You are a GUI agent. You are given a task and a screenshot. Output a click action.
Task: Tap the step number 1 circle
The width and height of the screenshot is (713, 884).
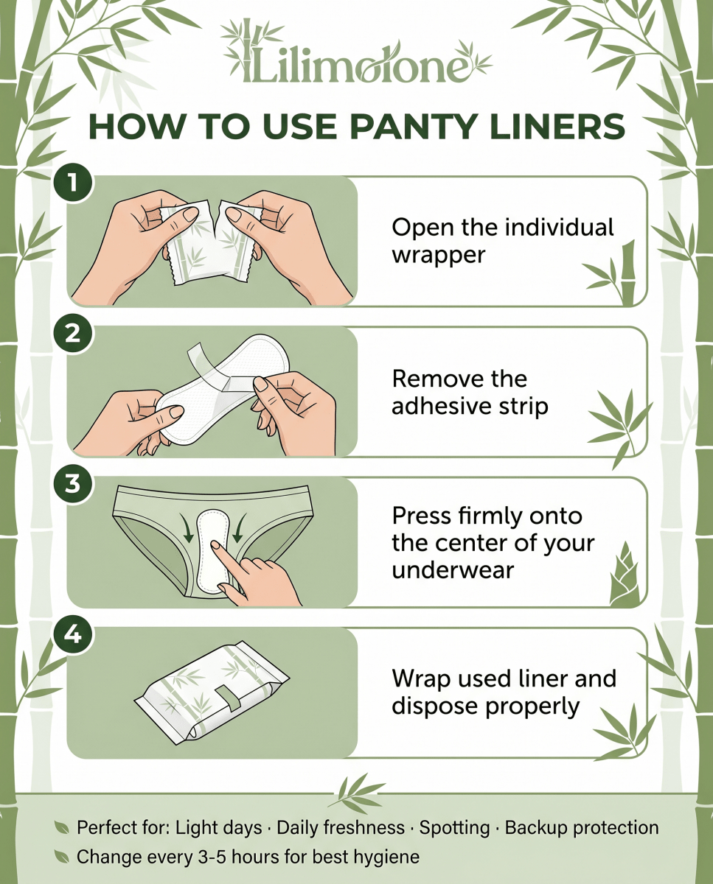(73, 183)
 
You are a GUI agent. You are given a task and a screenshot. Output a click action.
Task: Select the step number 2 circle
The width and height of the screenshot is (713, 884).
(73, 333)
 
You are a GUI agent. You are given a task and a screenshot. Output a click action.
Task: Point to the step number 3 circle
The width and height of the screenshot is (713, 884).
(73, 483)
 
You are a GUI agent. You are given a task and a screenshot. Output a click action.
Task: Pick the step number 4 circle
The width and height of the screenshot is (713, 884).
(73, 635)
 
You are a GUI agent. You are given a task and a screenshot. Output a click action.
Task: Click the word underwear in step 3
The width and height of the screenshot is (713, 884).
(453, 571)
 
